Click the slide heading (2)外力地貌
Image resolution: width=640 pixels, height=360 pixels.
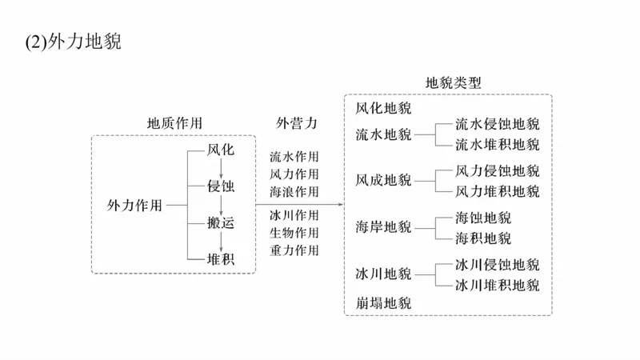[74, 42]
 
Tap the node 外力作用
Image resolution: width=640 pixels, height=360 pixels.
[134, 205]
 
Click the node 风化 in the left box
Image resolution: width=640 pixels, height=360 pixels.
[220, 150]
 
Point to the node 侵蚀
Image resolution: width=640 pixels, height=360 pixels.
[220, 186]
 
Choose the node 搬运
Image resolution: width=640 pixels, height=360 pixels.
[220, 223]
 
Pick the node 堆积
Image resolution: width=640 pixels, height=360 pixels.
[220, 259]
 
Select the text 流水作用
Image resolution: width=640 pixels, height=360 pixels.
[294, 157]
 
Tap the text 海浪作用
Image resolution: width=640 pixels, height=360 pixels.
[294, 192]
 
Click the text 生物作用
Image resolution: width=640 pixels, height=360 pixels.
[294, 233]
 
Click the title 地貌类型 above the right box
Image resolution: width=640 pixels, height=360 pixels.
[453, 83]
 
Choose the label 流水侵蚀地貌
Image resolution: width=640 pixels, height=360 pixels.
[498, 124]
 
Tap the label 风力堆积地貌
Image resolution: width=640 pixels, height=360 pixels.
[498, 191]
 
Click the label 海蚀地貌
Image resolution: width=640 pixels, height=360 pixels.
[483, 218]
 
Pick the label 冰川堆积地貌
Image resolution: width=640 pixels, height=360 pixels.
[498, 285]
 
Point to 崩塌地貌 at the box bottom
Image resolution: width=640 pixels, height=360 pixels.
[383, 303]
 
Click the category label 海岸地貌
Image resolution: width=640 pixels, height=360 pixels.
[383, 228]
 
